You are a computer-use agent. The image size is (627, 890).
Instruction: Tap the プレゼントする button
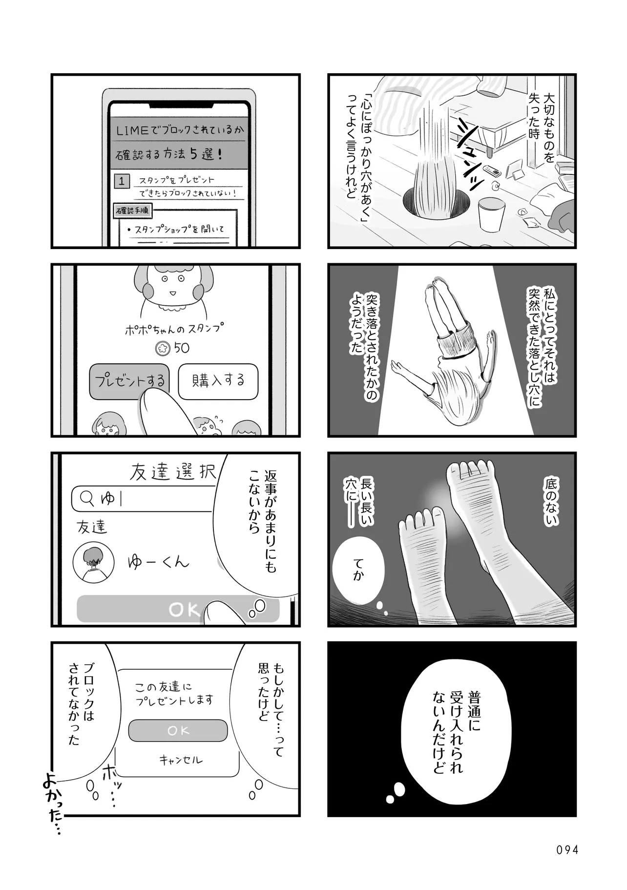tap(129, 381)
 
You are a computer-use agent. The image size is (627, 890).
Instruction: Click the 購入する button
tap(218, 381)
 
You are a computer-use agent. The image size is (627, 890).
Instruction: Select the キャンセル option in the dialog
tap(180, 760)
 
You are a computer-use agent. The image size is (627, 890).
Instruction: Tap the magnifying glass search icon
tap(87, 498)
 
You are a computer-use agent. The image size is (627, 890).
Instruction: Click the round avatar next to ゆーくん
tap(94, 562)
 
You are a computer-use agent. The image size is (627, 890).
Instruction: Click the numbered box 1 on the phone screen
tap(122, 181)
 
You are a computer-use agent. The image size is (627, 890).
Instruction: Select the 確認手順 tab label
tap(132, 211)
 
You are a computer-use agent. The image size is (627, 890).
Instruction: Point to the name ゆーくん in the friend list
tap(158, 562)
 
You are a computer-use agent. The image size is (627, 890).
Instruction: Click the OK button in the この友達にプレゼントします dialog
tap(178, 731)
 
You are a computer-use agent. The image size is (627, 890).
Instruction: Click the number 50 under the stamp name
tap(181, 348)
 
